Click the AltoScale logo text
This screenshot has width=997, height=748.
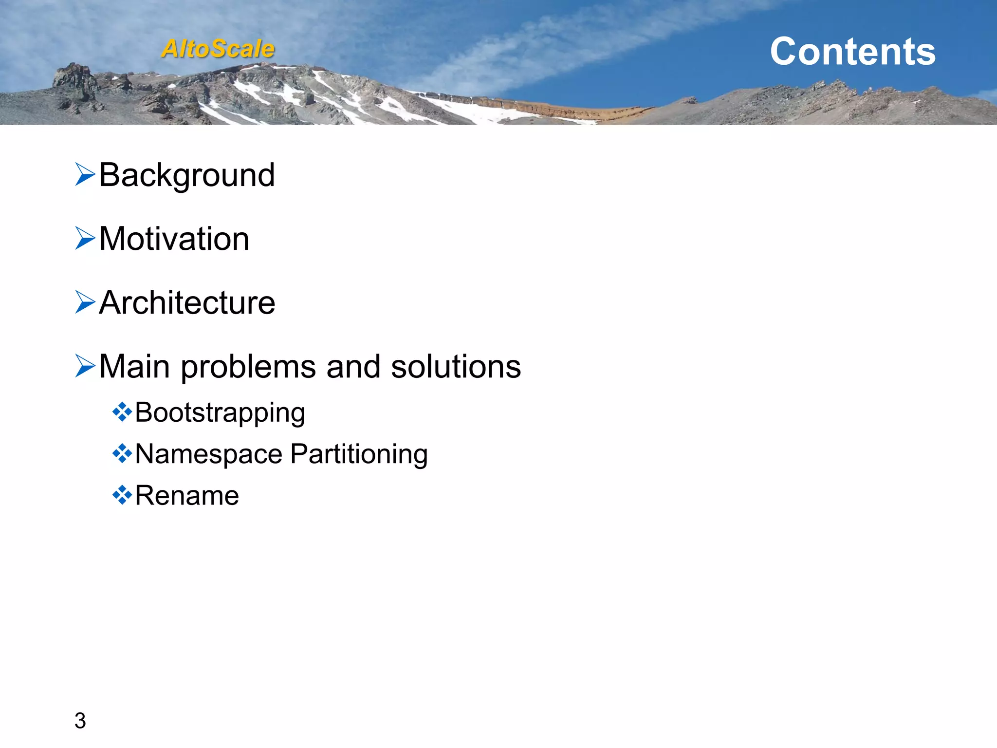point(218,49)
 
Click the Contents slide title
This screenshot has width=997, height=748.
point(852,51)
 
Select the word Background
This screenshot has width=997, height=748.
point(187,175)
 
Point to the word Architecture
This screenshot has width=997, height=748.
point(187,302)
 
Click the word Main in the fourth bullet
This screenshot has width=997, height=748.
point(134,366)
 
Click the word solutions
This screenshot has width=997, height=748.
point(456,366)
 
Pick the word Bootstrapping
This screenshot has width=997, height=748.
point(220,413)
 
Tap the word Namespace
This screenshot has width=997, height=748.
point(208,454)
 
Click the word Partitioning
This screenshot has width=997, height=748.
point(359,454)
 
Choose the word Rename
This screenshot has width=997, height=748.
point(187,496)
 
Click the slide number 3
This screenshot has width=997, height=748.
point(80,720)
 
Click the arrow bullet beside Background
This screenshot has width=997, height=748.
point(85,174)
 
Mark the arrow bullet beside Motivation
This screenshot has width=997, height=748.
point(85,238)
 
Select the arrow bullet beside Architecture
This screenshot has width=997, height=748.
point(85,302)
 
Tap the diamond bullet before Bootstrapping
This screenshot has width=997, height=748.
point(122,412)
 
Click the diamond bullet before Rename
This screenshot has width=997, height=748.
point(122,495)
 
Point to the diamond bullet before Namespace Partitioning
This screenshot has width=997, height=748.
point(122,454)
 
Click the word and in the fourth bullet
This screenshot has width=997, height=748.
point(353,366)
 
